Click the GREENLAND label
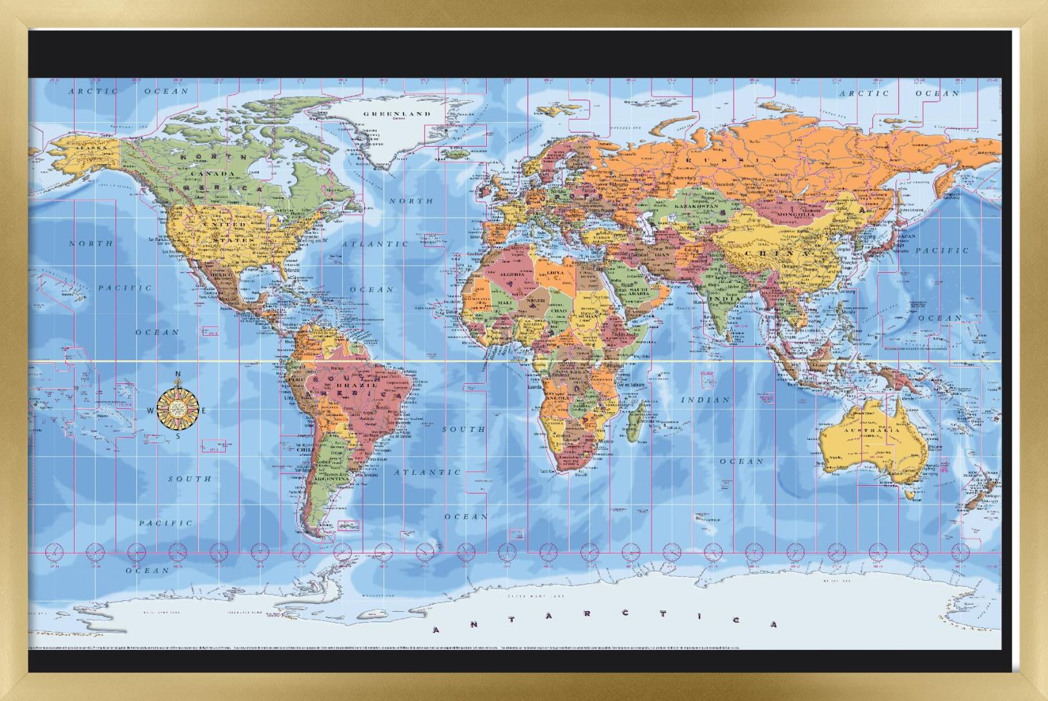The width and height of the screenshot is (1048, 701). coord(396,114)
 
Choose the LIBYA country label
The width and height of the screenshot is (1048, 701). coord(555,273)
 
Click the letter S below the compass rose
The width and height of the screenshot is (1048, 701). coord(178,436)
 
